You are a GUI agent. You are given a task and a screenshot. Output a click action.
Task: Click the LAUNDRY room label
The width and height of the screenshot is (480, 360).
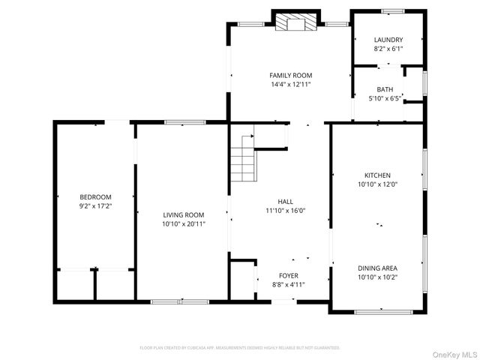click(x=388, y=40)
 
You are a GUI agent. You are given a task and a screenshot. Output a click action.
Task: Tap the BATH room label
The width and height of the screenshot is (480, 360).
click(x=385, y=88)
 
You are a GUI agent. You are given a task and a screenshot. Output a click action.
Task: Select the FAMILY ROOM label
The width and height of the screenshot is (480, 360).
click(x=291, y=75)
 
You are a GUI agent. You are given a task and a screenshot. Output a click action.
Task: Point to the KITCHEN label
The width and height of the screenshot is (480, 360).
click(x=377, y=175)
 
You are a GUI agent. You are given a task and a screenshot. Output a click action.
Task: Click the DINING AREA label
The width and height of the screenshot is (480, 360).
click(x=377, y=268)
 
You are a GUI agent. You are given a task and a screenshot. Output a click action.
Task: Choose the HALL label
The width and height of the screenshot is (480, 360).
click(x=286, y=201)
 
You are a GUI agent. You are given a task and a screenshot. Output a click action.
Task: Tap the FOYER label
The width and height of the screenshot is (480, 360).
click(x=289, y=275)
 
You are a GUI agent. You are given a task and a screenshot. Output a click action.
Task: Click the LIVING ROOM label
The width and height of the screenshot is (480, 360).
click(x=184, y=214)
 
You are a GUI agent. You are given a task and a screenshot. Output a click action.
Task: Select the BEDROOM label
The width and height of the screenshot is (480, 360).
click(x=95, y=196)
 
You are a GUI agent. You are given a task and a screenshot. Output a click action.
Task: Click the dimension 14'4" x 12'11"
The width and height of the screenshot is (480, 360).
click(x=291, y=85)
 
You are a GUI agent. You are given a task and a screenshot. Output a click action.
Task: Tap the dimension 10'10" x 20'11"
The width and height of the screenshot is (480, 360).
click(x=184, y=223)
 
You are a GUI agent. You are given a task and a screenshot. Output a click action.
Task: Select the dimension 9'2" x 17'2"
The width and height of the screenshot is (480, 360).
click(x=95, y=205)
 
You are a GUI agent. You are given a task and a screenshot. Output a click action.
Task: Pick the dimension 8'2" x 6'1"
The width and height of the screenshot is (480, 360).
click(x=388, y=49)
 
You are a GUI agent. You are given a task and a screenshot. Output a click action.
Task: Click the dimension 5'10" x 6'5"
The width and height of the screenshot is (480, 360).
click(x=385, y=98)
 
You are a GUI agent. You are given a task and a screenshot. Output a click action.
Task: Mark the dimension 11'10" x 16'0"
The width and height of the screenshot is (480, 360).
click(x=286, y=211)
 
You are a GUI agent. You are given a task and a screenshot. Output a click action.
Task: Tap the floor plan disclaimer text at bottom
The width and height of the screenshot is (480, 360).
click(x=240, y=348)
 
